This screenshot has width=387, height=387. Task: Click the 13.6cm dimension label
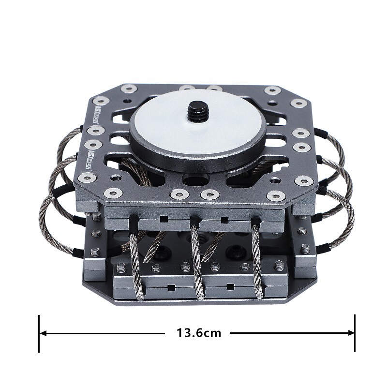pos(199,333)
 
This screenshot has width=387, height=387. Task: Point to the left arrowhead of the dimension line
pos(44,333)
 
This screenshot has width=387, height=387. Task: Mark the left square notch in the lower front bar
pos(170,288)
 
